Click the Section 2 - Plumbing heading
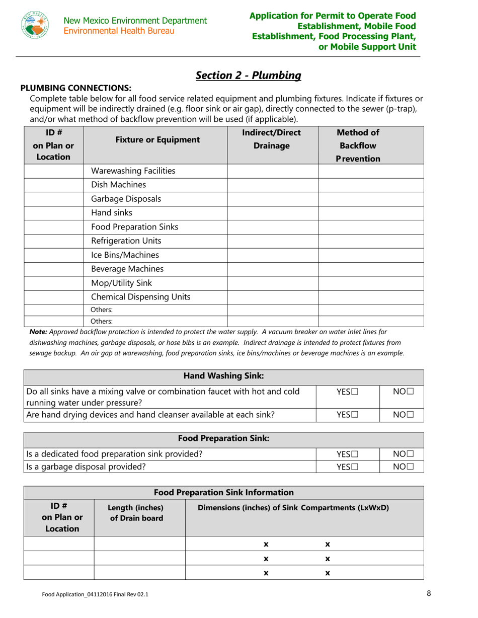point(248,75)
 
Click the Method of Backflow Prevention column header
point(357,145)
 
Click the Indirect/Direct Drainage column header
point(272,139)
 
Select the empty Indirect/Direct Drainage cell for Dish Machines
point(273,184)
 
